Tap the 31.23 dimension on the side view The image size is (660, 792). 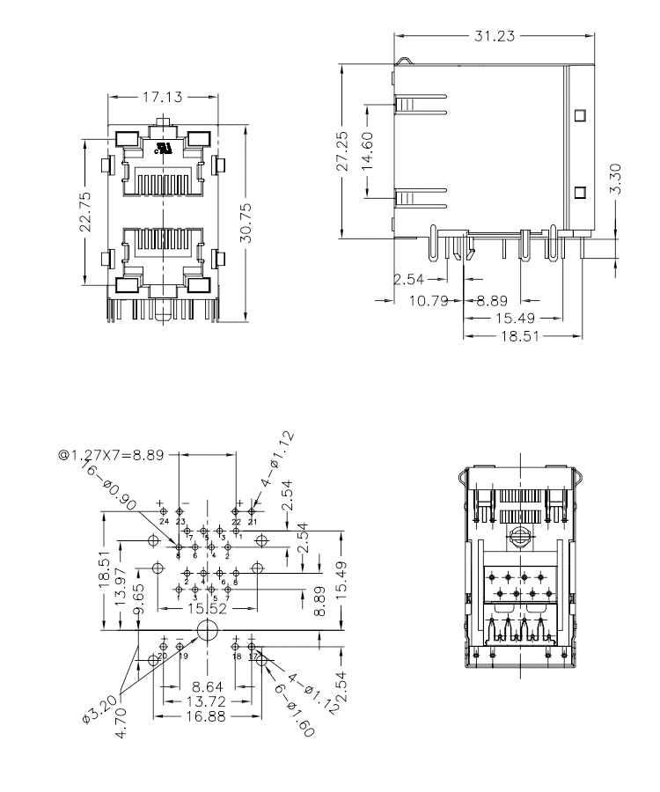tap(494, 35)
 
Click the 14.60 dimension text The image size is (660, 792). tap(369, 150)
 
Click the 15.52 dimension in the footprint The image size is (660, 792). tap(206, 609)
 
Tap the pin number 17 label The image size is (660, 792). tap(253, 656)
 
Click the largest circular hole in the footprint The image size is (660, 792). tap(209, 630)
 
